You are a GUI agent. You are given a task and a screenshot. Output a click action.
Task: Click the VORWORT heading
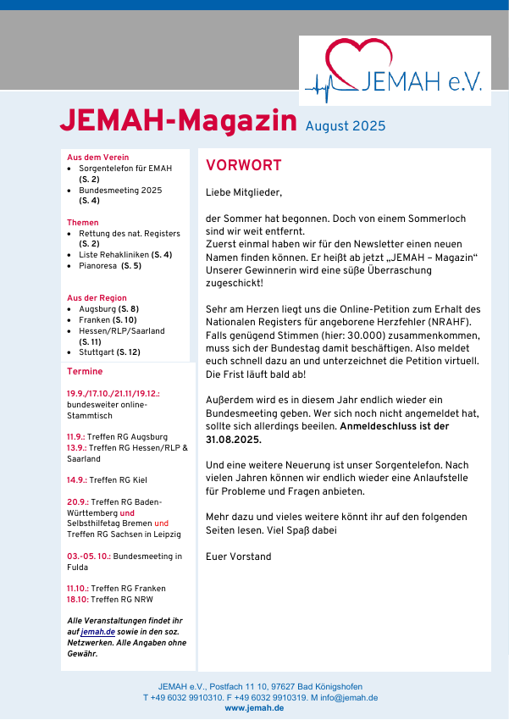pos(244,166)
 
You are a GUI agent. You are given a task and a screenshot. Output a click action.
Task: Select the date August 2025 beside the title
pos(346,126)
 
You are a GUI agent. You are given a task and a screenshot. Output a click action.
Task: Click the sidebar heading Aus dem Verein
pos(98,158)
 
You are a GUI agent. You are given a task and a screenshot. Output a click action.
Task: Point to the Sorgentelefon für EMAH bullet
pos(125,169)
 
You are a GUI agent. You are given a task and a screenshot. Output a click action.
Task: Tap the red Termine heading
pos(85,372)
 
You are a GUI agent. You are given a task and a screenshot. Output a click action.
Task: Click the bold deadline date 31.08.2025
pos(234,440)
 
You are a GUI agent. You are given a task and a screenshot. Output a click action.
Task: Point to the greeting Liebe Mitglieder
pos(243,192)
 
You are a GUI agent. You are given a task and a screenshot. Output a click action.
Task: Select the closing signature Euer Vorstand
pos(239,557)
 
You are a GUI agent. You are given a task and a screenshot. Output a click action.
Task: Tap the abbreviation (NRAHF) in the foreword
pos(450,322)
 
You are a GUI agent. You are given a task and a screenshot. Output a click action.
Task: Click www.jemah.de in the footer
pos(254,708)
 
